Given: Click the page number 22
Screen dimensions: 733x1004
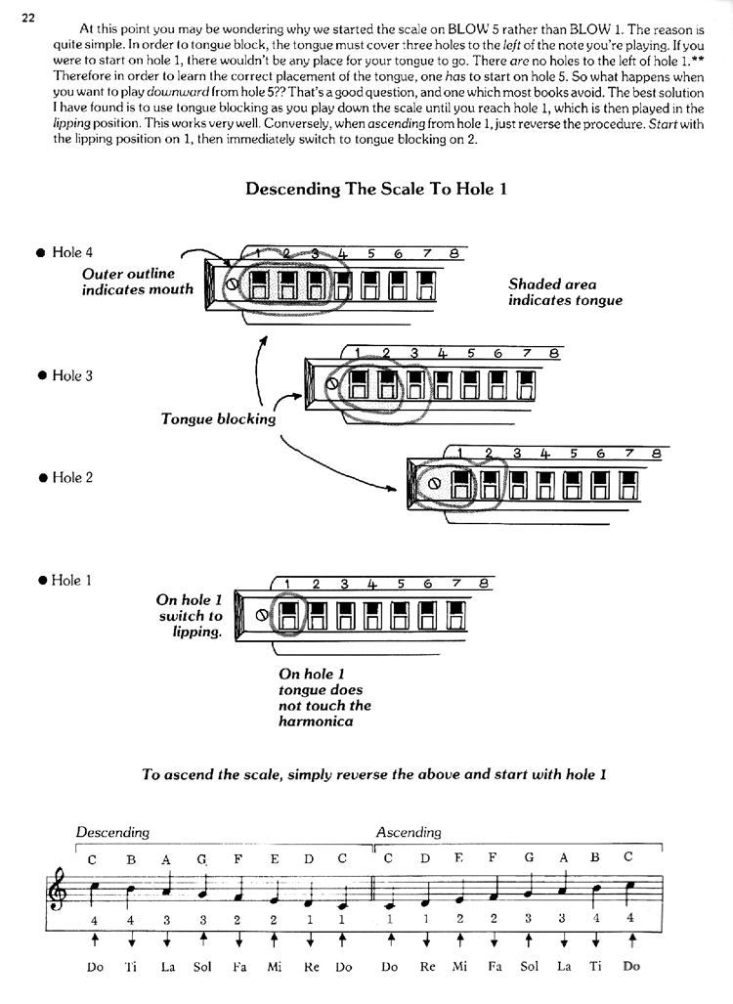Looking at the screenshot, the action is click(28, 18).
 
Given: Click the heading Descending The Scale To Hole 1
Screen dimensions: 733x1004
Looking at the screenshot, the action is click(376, 189).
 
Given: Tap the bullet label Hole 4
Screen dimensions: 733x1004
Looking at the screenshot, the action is click(65, 252).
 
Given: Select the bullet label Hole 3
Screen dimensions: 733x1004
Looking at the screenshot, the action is click(65, 375).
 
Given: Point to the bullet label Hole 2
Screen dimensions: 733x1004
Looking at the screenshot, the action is click(65, 478).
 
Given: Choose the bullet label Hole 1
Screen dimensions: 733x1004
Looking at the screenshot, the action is click(65, 581).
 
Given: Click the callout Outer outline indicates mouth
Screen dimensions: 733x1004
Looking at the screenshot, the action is click(138, 282).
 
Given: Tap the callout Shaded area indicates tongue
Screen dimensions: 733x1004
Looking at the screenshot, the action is click(565, 292).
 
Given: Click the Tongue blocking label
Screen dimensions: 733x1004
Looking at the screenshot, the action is click(218, 419).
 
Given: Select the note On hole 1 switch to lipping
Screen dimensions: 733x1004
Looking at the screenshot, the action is click(190, 616).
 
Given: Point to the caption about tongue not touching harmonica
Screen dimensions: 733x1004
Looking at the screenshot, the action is click(324, 698).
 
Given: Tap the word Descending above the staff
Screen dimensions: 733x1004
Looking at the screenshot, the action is click(112, 832).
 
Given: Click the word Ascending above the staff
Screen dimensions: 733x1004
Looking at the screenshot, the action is click(409, 832).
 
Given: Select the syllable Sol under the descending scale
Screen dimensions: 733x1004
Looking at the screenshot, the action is click(202, 966).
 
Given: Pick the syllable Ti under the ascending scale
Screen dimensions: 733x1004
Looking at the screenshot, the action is click(596, 966).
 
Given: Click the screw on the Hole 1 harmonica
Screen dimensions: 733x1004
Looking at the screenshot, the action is click(261, 615).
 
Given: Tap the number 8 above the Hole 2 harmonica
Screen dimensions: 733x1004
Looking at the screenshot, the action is click(656, 454).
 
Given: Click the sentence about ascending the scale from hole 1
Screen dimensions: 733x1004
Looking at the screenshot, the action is click(374, 775).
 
